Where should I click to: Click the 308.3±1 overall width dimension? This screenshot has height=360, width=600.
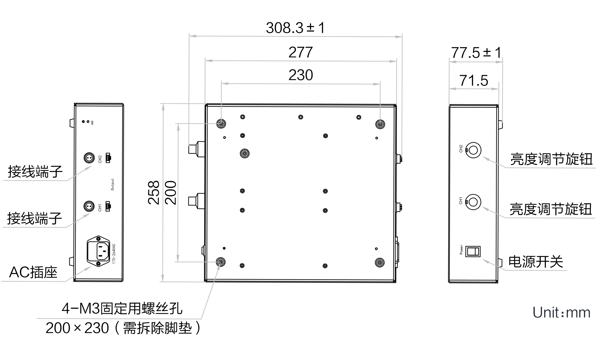295,28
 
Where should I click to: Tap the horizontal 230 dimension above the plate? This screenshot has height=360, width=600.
301,75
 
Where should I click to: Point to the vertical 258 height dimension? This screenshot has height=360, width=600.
154,192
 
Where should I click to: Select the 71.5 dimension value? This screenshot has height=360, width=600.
474,81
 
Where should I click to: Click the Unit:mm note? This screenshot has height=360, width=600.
561,313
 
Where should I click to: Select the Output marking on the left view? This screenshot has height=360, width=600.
113,184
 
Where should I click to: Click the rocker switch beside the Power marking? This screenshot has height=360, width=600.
473,252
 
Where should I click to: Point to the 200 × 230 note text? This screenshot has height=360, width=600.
123,328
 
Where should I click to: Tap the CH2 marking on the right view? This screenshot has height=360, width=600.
461,149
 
